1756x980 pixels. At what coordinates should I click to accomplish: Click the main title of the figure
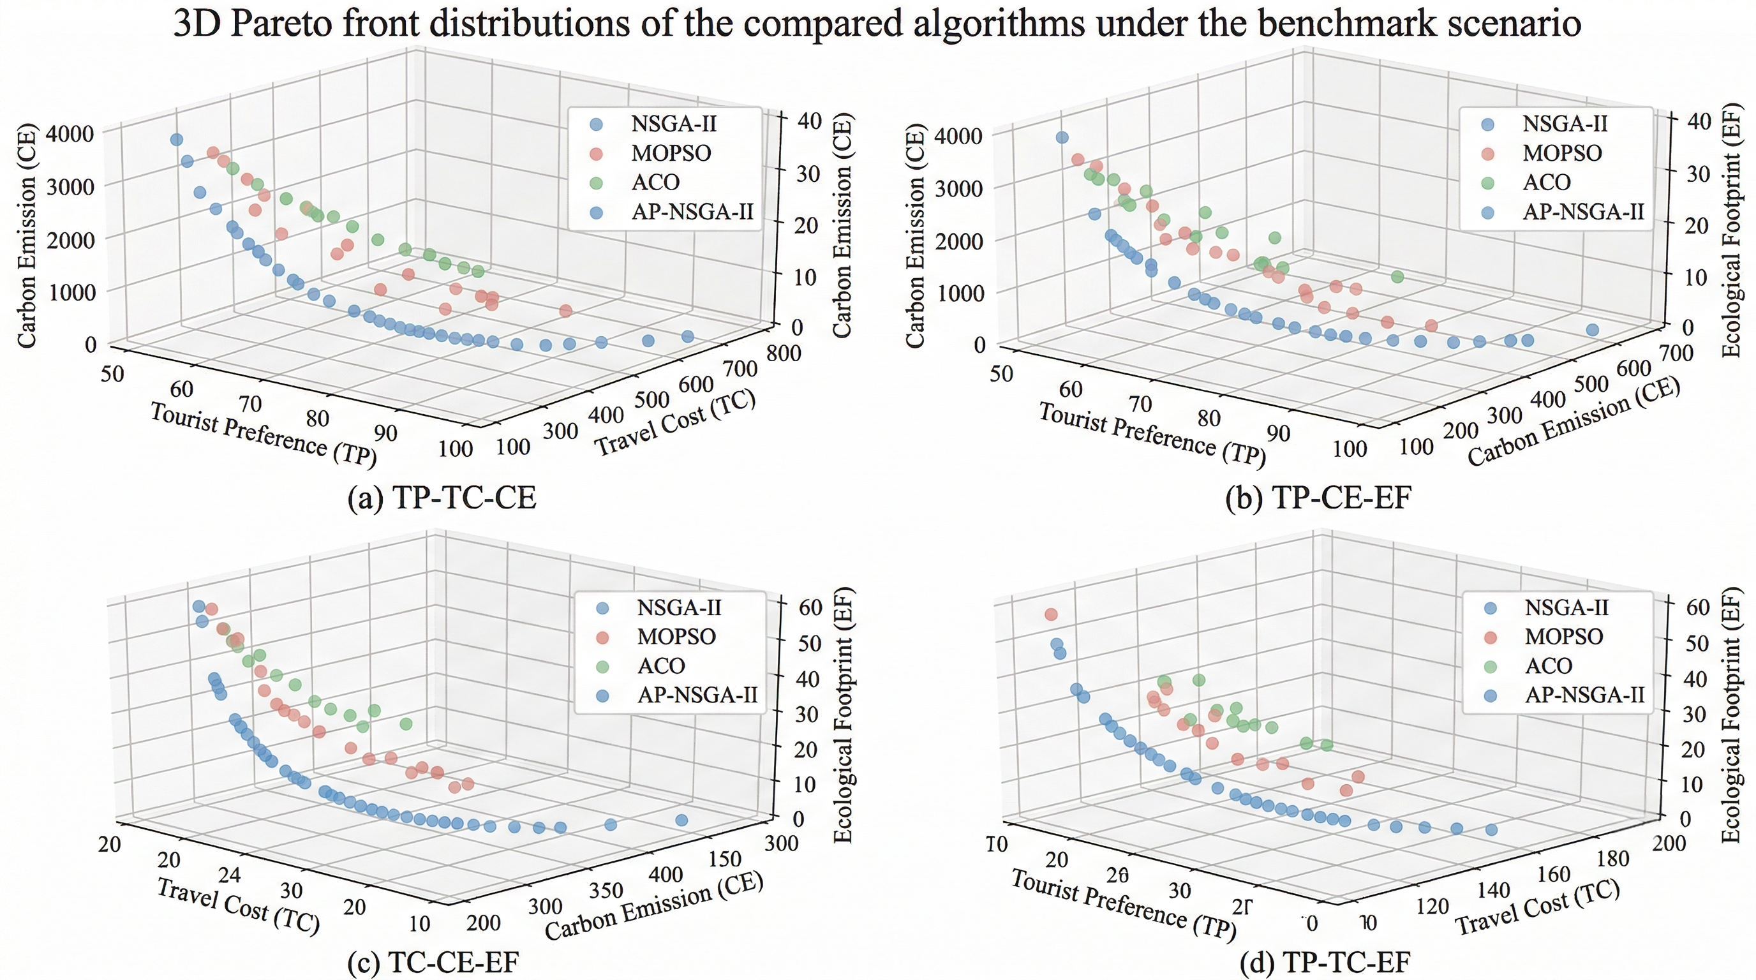[877, 24]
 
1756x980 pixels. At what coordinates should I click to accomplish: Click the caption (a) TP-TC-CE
[442, 498]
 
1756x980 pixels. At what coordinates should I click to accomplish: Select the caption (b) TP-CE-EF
[1318, 498]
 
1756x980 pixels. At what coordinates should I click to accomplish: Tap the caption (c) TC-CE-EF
[433, 961]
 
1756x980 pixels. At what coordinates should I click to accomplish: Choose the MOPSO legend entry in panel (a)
[671, 153]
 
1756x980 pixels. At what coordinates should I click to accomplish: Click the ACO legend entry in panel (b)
[1547, 182]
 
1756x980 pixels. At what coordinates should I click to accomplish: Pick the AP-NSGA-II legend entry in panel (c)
[697, 694]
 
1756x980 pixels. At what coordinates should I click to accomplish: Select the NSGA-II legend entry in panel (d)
[1566, 607]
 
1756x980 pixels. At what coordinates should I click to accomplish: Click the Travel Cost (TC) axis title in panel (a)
[676, 423]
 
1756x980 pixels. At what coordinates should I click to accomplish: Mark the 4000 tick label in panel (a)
[69, 133]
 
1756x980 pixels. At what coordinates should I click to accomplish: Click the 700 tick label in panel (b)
[1675, 353]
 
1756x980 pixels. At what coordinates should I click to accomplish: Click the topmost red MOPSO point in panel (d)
[1051, 614]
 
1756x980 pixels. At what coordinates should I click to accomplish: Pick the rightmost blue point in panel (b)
[1593, 330]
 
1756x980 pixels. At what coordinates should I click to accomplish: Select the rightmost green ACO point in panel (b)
[1397, 277]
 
